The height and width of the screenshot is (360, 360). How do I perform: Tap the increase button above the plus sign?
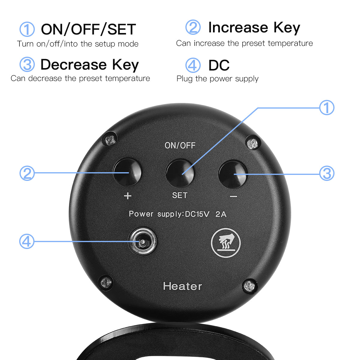[127, 172]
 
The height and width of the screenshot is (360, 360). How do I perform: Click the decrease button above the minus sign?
[232, 174]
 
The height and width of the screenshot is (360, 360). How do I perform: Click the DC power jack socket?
[142, 241]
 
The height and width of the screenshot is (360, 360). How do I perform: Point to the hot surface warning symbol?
[226, 242]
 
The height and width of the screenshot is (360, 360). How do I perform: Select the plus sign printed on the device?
[127, 196]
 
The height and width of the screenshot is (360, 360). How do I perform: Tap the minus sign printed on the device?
[233, 196]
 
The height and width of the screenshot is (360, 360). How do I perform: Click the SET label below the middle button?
[180, 195]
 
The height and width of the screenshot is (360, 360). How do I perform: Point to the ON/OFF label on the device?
[180, 145]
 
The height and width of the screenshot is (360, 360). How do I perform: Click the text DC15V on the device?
[197, 214]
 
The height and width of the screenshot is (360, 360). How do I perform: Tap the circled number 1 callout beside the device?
[327, 108]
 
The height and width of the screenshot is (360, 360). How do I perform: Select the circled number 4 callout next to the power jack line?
[27, 241]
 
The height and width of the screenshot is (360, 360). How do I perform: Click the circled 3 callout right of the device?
[327, 173]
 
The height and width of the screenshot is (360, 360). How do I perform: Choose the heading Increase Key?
[254, 28]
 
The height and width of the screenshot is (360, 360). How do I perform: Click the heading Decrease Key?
[90, 64]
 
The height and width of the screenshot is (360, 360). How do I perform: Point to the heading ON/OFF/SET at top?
[88, 29]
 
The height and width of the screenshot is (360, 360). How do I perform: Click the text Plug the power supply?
[217, 79]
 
